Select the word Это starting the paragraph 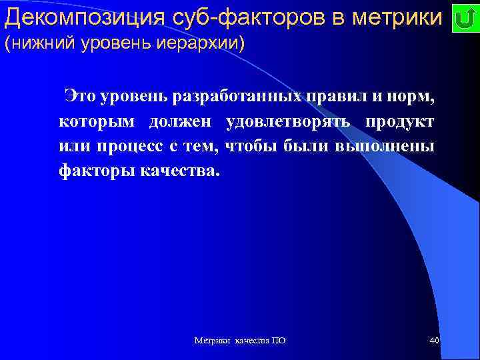tap(81, 97)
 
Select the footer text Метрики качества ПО tap(240, 341)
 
